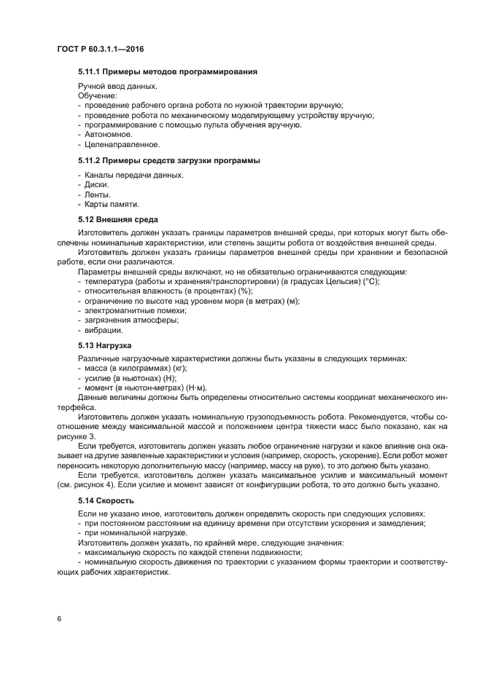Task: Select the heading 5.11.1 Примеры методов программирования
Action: (167, 72)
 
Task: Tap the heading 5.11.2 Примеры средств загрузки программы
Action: (169, 160)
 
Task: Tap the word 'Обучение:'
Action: (96, 95)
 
